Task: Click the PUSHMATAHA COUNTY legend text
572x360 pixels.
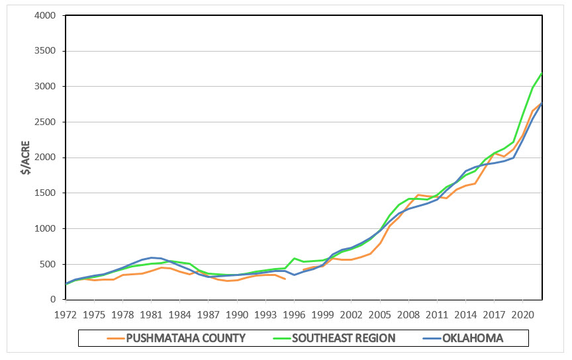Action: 186,338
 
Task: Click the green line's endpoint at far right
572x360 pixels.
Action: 542,73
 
